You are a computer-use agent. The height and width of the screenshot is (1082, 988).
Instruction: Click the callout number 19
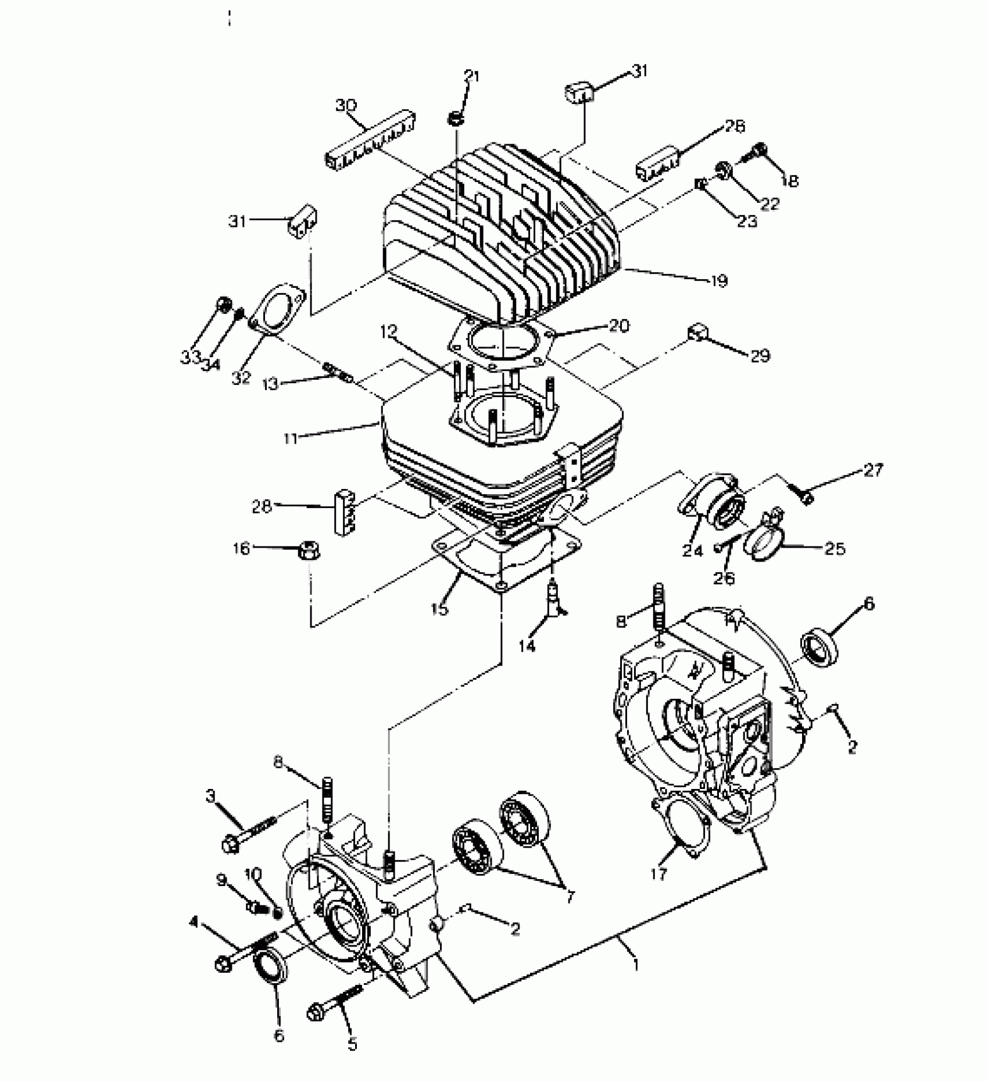tap(719, 281)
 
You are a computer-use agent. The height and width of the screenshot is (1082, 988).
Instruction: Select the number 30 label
tap(346, 106)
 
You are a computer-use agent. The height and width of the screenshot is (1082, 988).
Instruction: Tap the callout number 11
tap(291, 438)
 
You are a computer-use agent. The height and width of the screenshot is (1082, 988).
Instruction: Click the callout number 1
tap(636, 965)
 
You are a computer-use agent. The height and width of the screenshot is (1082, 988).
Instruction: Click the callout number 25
tap(835, 548)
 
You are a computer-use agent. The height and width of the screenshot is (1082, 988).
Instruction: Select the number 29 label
tap(760, 355)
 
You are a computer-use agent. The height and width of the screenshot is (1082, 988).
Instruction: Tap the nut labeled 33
tap(223, 303)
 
